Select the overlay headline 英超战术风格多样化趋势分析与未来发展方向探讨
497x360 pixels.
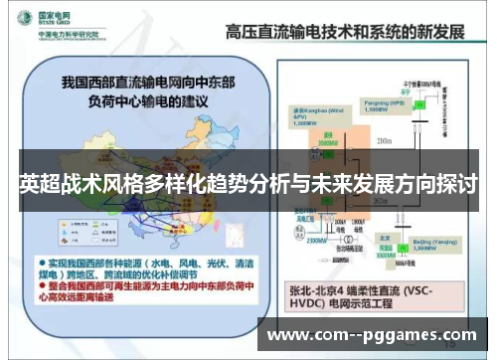248,185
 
